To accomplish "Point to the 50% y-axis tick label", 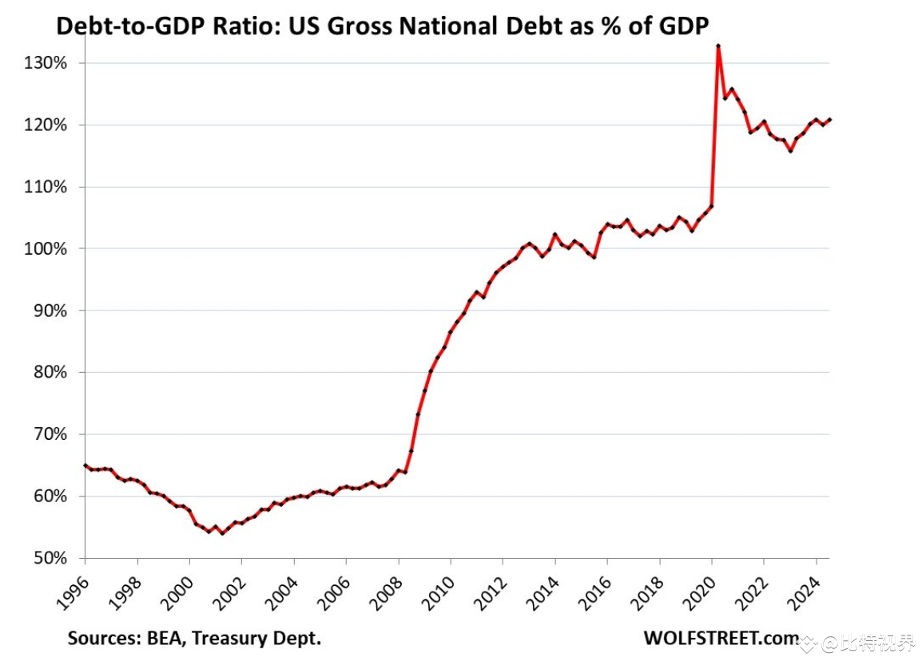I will tap(50, 558).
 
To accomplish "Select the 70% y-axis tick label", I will tap(50, 434).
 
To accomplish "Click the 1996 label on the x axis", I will tap(72, 588).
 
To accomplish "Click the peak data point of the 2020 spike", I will tap(718, 46).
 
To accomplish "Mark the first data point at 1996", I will tap(85, 465).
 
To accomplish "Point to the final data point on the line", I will tap(829, 120).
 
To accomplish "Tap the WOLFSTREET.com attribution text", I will tap(720, 638).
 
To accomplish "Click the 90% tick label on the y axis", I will tap(50, 311).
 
